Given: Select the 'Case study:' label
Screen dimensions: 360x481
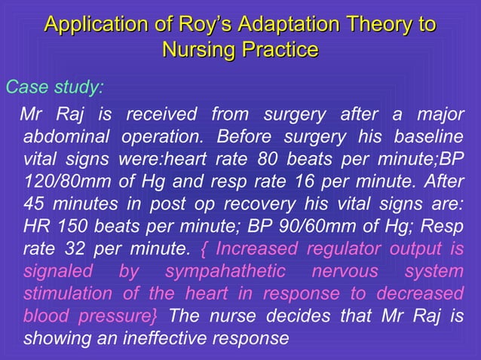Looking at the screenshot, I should pyautogui.click(x=54, y=87).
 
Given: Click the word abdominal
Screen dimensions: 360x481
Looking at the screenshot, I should pyautogui.click(x=66, y=139).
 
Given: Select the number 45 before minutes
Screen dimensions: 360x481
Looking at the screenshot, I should pyautogui.click(x=35, y=204).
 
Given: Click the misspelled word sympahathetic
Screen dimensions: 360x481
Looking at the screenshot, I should pyautogui.click(x=225, y=270).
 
